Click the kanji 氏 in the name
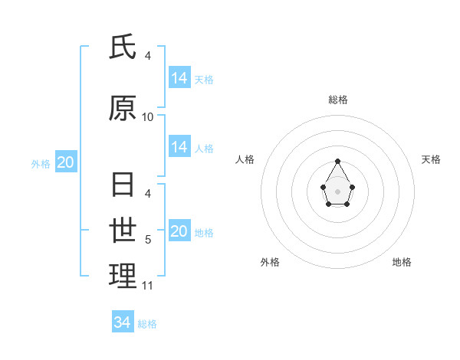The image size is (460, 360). (123, 48)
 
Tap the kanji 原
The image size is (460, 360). (123, 109)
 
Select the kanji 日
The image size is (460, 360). (123, 185)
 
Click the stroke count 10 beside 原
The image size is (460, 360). (148, 117)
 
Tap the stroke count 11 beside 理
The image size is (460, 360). (148, 286)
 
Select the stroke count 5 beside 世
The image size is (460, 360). (148, 240)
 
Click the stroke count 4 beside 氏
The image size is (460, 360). (148, 56)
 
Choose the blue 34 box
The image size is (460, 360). (123, 322)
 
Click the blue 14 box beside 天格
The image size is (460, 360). (179, 77)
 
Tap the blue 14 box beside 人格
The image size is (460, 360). (179, 146)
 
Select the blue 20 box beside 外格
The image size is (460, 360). (66, 162)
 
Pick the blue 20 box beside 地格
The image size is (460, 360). (179, 231)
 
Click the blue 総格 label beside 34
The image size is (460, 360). (147, 324)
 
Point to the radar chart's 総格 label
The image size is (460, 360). (338, 100)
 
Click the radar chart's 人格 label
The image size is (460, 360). (245, 159)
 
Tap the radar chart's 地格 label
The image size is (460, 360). (402, 262)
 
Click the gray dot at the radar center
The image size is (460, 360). (338, 191)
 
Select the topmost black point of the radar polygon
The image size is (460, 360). (338, 161)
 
